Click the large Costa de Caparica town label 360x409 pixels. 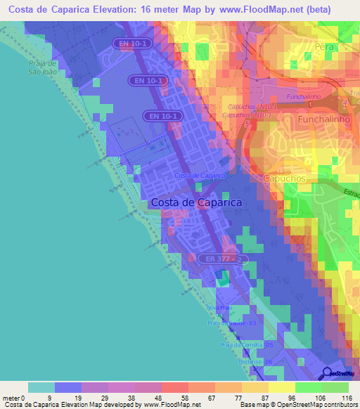196,202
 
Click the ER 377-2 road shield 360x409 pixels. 219,259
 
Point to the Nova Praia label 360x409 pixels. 219,308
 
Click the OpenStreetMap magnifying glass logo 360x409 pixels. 326,375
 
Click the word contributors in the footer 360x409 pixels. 339,405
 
